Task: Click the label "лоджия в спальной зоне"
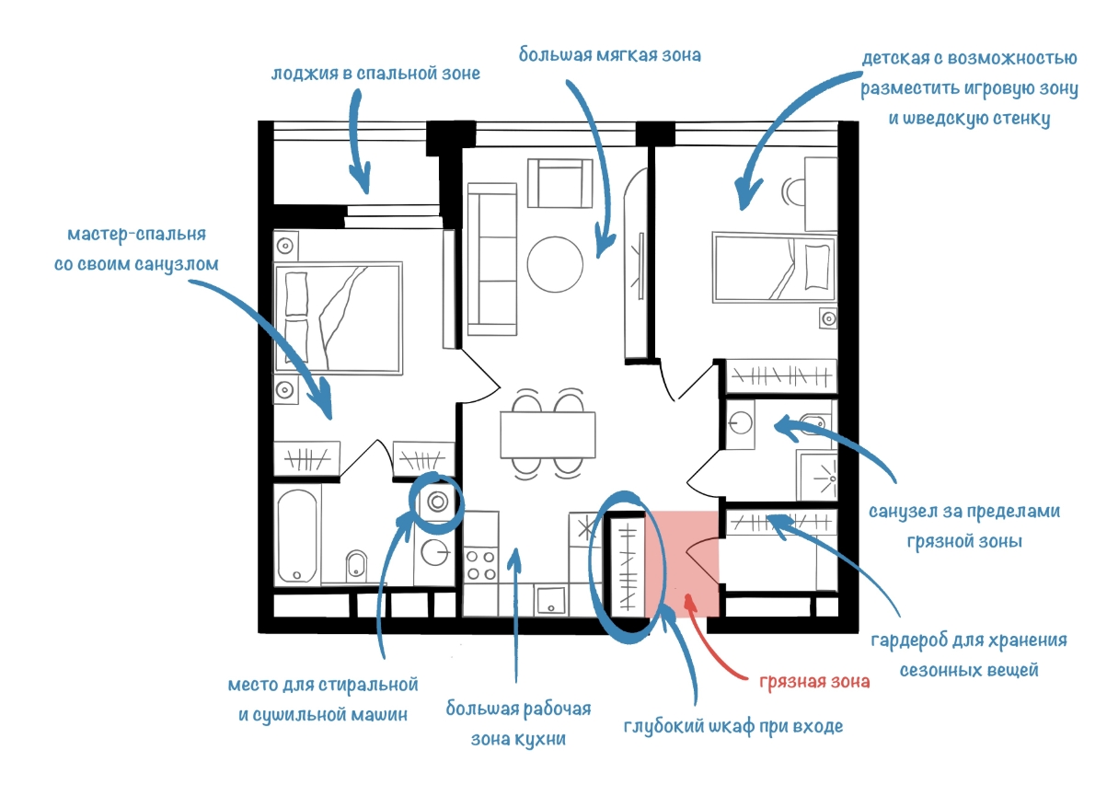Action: [x=375, y=73]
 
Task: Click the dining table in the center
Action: [x=548, y=434]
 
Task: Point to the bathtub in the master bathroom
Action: [x=297, y=536]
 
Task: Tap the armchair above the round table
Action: [x=559, y=182]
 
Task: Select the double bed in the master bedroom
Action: [x=339, y=319]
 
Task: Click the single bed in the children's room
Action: [x=775, y=267]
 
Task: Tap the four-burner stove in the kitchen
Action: [x=480, y=563]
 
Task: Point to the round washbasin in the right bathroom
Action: [x=741, y=423]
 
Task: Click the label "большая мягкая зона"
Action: [x=609, y=55]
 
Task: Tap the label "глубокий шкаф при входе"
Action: [x=732, y=726]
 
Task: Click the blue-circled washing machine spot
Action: [x=437, y=502]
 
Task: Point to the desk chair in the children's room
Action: [x=792, y=191]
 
